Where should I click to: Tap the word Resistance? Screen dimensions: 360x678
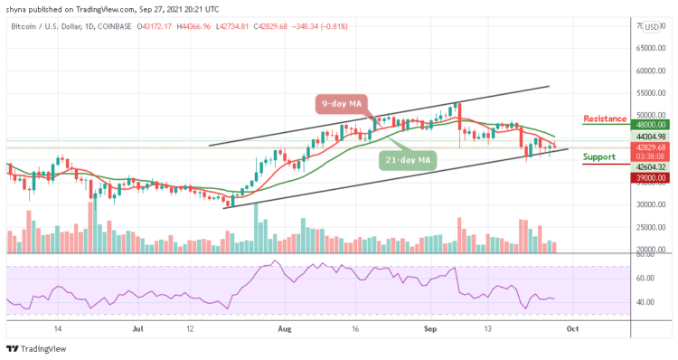tap(607, 118)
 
